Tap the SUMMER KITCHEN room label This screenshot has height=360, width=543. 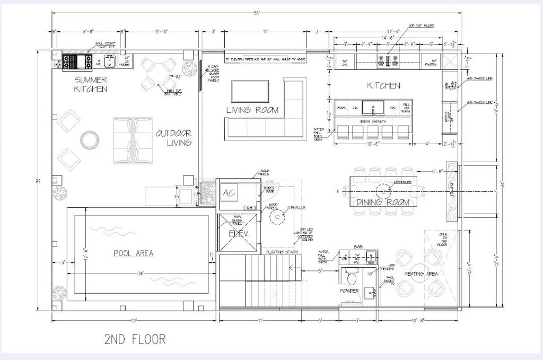point(91,84)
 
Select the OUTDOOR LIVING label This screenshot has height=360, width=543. point(173,138)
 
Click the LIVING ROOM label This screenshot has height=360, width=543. point(252,110)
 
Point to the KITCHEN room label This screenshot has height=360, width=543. point(383,85)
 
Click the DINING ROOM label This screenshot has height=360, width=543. point(383,203)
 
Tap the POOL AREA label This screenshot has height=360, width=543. point(134,253)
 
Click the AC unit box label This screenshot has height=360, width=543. point(229,192)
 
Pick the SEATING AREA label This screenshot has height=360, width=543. point(421,274)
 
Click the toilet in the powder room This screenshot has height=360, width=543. point(351,277)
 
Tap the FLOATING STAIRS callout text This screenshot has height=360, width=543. point(284,252)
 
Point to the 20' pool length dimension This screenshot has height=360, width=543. point(140,274)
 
